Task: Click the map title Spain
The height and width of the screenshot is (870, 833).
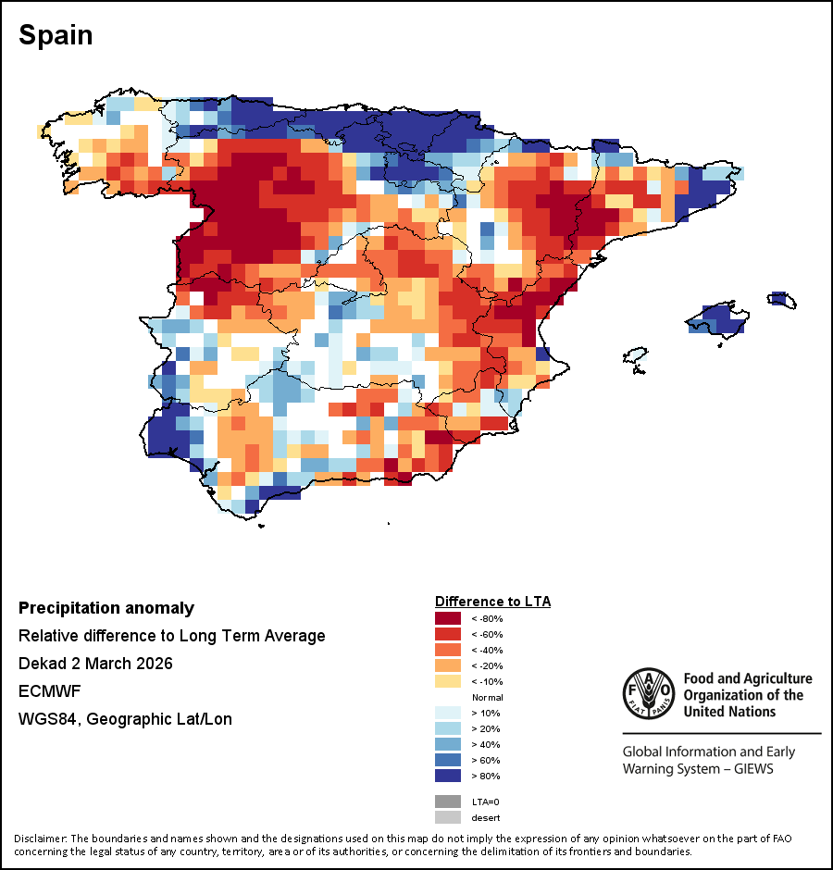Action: tap(56, 35)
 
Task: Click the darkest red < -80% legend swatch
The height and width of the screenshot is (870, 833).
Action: tap(448, 618)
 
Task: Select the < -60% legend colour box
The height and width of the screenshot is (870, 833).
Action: tap(448, 634)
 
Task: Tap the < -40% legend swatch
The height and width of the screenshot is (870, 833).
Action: tap(448, 650)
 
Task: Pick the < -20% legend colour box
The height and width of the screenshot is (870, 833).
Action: tap(448, 665)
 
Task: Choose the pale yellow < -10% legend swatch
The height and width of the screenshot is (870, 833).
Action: tap(448, 681)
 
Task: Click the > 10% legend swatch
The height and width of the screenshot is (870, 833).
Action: tap(448, 713)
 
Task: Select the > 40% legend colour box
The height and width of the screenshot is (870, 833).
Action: tap(448, 744)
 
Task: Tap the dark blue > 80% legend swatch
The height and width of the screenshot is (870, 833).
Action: tap(448, 776)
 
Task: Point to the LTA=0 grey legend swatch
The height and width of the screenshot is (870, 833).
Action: tap(448, 802)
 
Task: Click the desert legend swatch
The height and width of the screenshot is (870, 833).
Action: tap(448, 817)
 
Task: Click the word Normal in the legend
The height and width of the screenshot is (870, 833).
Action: tap(487, 697)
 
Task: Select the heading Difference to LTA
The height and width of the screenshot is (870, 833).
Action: tap(492, 602)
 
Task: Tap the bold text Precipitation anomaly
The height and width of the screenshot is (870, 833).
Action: tap(106, 608)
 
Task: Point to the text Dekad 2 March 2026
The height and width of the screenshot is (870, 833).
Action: tap(95, 664)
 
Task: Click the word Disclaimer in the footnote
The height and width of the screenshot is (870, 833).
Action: tap(41, 839)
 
